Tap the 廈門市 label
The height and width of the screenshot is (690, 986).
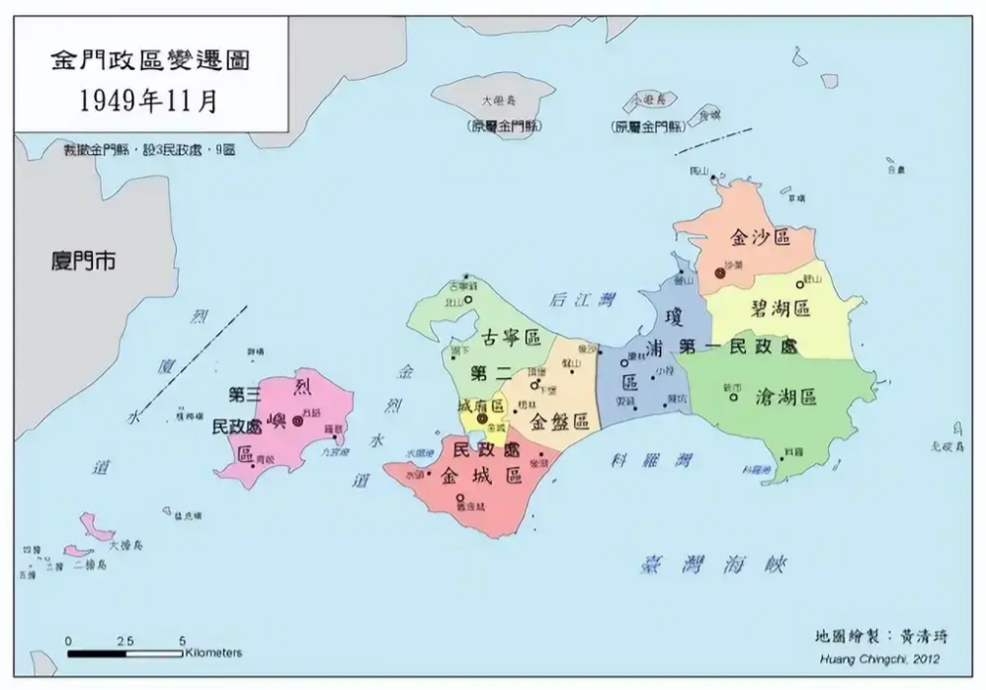click(x=83, y=261)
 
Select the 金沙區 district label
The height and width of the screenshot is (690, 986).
click(x=760, y=237)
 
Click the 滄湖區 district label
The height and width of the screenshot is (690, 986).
click(x=785, y=397)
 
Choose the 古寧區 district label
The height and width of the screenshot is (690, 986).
click(x=511, y=339)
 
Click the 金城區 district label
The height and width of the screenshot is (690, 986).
click(x=481, y=477)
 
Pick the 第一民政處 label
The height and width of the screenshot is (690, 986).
click(x=737, y=347)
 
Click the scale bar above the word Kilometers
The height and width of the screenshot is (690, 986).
click(x=125, y=652)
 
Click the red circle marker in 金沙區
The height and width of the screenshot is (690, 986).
click(x=719, y=271)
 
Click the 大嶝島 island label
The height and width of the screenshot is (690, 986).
click(x=498, y=101)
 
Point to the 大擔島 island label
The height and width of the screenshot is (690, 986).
click(x=126, y=544)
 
